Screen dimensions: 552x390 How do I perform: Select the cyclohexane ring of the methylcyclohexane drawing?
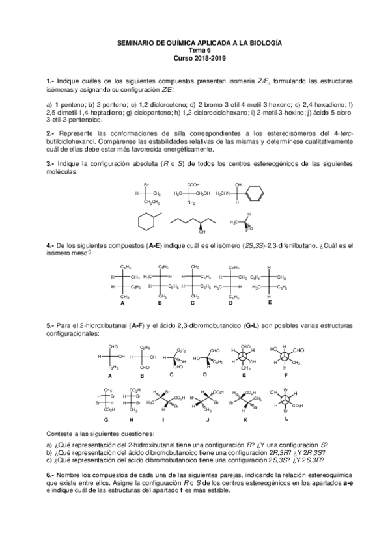click(146, 221)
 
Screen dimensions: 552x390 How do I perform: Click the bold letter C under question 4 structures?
click(193, 303)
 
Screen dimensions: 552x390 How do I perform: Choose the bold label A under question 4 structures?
click(122, 303)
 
